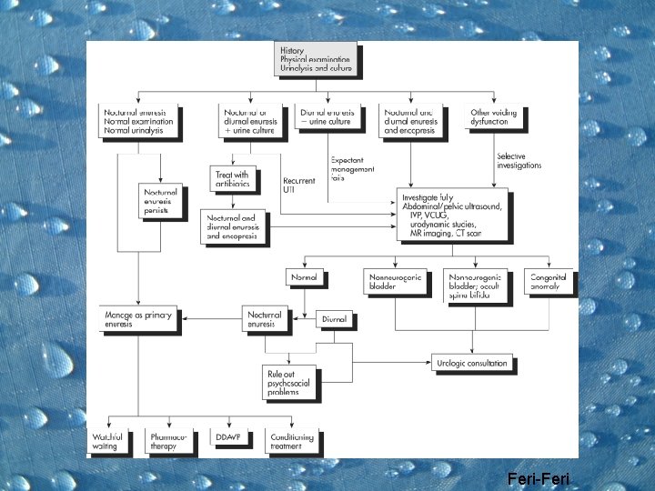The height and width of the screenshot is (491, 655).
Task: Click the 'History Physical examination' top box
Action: (x=316, y=59)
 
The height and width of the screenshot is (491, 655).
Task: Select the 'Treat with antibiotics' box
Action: (x=233, y=180)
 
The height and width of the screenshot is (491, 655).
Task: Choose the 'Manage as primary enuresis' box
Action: (x=137, y=319)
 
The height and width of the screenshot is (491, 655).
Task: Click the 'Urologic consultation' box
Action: (x=472, y=364)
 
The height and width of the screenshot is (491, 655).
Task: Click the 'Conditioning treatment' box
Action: (x=291, y=442)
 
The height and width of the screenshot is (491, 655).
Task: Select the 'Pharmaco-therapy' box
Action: (x=169, y=442)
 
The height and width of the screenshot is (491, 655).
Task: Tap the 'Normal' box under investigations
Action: (x=304, y=276)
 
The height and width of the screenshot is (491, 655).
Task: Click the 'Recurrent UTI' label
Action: (x=300, y=185)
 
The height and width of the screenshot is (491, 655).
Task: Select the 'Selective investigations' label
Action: (x=519, y=160)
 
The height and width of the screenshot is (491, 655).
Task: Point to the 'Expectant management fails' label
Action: (x=352, y=168)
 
